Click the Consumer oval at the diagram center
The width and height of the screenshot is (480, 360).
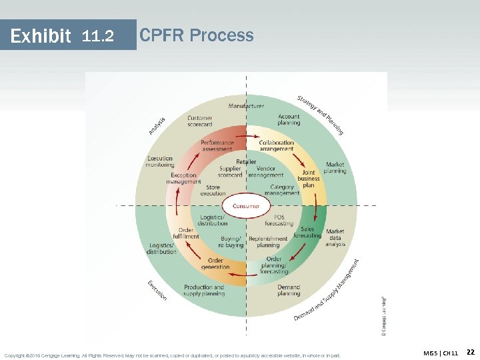(247, 206)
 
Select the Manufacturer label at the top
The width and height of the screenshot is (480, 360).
(246, 105)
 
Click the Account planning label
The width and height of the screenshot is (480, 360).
(289, 119)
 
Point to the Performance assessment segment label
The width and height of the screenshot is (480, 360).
(217, 145)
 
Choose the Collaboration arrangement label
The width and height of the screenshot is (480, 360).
(277, 145)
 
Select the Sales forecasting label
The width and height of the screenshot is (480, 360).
(307, 232)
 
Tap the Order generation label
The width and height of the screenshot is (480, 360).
(215, 264)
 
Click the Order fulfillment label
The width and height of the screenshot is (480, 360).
(186, 233)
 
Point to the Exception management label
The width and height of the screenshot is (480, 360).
(183, 178)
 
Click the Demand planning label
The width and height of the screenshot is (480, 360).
(289, 290)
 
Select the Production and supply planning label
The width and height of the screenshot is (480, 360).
(204, 290)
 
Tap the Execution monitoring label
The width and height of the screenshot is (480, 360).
(160, 161)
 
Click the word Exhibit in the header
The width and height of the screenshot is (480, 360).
(41, 35)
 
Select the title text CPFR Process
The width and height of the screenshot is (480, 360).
(197, 35)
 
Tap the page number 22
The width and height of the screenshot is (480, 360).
(469, 352)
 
